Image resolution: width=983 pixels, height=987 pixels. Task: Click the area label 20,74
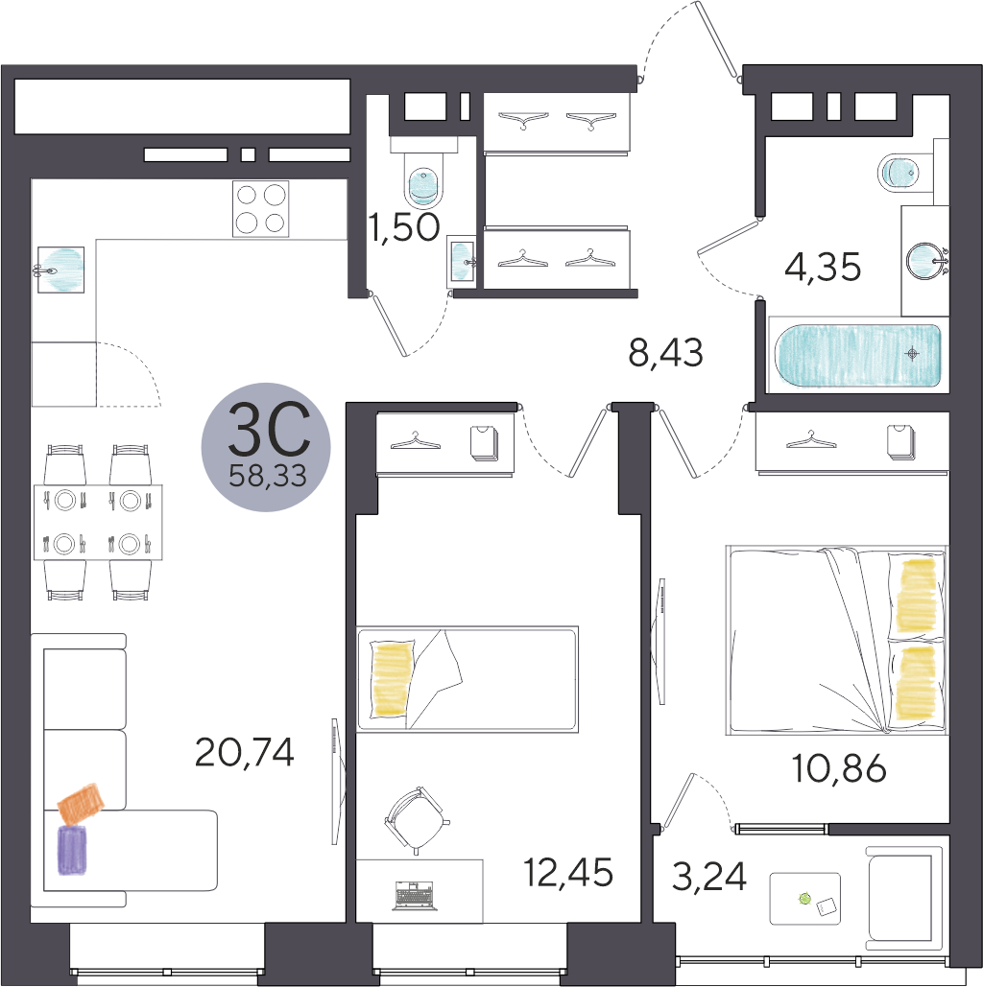tap(245, 752)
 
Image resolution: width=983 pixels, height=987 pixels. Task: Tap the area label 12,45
tap(568, 873)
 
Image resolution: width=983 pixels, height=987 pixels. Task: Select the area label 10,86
tap(839, 768)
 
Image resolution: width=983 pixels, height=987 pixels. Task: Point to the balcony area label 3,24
tap(709, 877)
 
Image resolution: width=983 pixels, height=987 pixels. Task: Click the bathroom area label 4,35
tap(823, 267)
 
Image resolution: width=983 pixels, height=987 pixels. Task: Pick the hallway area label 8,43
tap(665, 353)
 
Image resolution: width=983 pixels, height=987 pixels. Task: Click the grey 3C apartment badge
tap(266, 447)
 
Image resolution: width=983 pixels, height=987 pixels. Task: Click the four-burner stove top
tap(260, 208)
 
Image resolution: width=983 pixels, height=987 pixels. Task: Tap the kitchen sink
tap(60, 270)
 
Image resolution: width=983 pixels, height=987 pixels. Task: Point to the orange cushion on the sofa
tap(82, 804)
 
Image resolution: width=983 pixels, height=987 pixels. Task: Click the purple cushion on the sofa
tap(73, 850)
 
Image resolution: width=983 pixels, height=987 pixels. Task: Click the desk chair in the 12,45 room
tap(416, 820)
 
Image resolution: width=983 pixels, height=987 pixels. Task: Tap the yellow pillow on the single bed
tap(392, 678)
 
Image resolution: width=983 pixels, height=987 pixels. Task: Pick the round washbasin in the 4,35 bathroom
tap(925, 260)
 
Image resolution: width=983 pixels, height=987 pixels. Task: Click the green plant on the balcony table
tap(804, 898)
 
